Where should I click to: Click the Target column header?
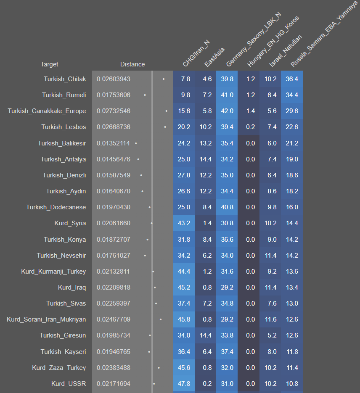(x=49, y=64)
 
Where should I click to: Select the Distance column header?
(x=132, y=64)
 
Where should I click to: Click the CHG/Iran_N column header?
(x=196, y=54)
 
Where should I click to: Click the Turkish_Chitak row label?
(x=65, y=79)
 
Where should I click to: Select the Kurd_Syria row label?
(x=70, y=223)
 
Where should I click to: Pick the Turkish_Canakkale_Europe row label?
(x=47, y=111)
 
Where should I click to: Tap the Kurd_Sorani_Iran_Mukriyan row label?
(x=46, y=319)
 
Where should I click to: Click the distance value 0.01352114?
(x=114, y=143)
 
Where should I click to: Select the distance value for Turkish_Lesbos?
(x=114, y=127)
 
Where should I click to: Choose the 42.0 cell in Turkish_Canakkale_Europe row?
(x=227, y=111)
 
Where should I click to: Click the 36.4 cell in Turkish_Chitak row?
(x=291, y=79)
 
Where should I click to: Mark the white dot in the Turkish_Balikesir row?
(x=136, y=143)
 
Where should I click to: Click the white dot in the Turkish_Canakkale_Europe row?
(x=167, y=111)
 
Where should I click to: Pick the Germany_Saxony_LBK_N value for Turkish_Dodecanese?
(x=227, y=207)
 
